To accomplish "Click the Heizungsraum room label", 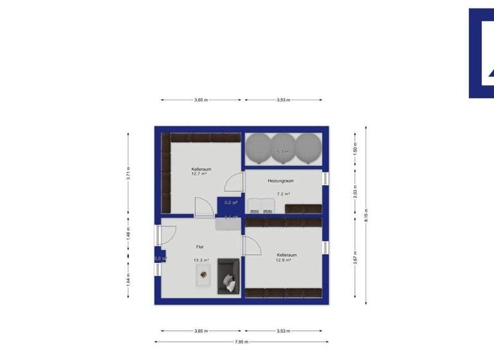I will click(x=280, y=181).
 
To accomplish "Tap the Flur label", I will click(x=200, y=246).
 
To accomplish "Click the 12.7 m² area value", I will click(x=201, y=174).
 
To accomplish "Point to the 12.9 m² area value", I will click(x=284, y=260).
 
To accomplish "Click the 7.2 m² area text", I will click(x=283, y=194).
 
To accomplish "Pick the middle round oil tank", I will click(x=283, y=148).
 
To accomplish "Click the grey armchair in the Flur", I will click(x=228, y=276).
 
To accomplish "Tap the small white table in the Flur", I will click(x=204, y=276).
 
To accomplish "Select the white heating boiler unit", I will click(x=262, y=204).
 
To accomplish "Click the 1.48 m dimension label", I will click(x=129, y=233).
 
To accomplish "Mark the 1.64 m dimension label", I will click(x=129, y=280).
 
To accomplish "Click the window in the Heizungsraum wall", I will click(x=325, y=179).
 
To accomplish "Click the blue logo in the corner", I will click(x=481, y=53).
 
